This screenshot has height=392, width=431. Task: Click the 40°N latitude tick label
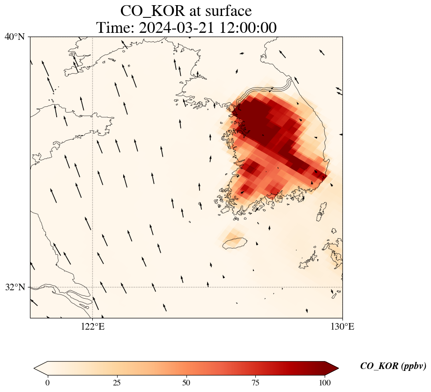[15, 37]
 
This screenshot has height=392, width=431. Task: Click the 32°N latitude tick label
[15, 287]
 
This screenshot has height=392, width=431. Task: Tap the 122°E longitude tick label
[93, 326]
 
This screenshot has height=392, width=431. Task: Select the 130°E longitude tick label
[342, 326]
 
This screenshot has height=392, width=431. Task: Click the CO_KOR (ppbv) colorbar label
[393, 366]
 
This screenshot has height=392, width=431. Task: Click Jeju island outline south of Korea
[234, 243]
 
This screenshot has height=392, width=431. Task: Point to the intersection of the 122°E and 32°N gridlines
[93, 287]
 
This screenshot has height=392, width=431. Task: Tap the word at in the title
[192, 11]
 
